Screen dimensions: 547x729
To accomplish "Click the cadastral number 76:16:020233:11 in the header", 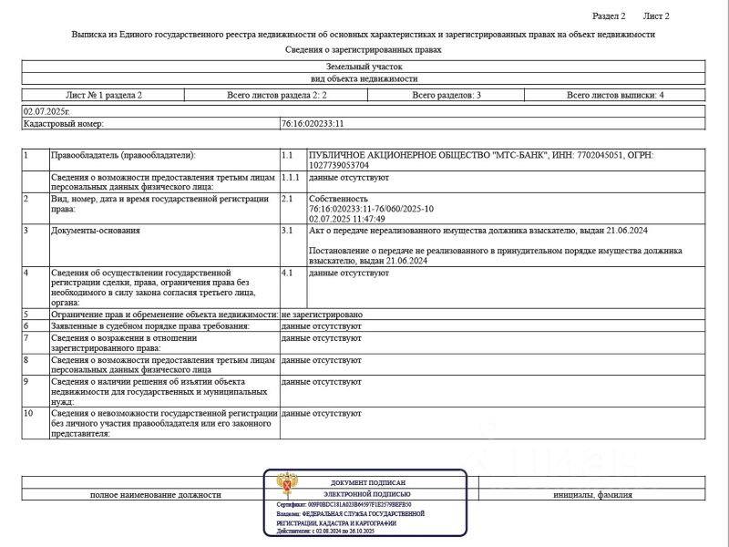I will [x=313, y=123].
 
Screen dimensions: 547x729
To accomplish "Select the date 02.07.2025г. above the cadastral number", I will [x=46, y=111].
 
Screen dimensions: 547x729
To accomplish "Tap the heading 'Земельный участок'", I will [x=363, y=67].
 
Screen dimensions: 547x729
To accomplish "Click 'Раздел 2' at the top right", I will [x=609, y=16].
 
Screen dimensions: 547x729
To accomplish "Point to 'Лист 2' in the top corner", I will [x=656, y=16].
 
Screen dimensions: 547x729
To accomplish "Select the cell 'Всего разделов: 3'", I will [x=447, y=95].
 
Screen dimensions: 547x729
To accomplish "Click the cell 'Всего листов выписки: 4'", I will [x=615, y=95].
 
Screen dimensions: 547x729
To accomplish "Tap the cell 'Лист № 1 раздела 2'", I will [x=104, y=95].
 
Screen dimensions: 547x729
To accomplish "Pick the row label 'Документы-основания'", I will [x=96, y=231].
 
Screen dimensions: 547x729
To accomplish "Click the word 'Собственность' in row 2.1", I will [x=338, y=198].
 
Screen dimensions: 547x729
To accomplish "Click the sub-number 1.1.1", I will [x=293, y=178].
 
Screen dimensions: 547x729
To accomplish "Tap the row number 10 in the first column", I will [x=29, y=413].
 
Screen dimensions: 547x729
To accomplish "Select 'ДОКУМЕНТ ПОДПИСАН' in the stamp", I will [x=368, y=481].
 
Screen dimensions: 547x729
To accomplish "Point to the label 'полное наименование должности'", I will [x=155, y=494].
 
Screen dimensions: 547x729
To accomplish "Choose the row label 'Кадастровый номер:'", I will [x=64, y=123].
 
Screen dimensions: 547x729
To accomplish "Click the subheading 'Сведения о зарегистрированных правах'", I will [x=363, y=50].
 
